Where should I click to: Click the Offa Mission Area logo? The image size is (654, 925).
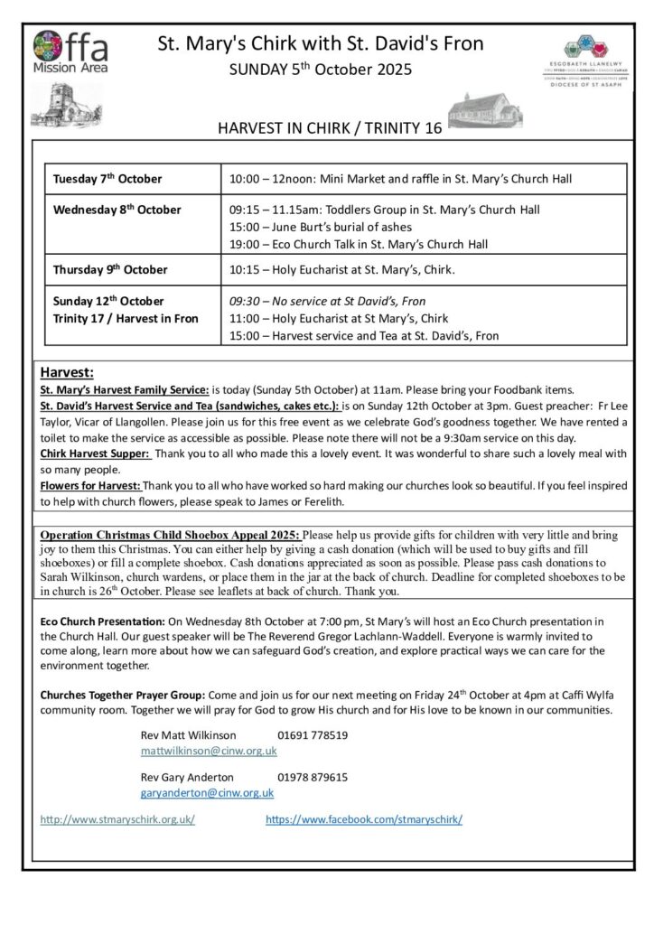click(x=70, y=52)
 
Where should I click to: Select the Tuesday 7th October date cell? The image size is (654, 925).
click(x=107, y=179)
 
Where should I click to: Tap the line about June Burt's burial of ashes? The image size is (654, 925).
click(x=321, y=227)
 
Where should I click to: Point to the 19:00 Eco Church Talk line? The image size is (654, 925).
click(x=359, y=244)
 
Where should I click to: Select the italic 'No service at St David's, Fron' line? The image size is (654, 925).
click(x=327, y=301)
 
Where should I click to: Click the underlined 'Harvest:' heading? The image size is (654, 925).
click(x=67, y=372)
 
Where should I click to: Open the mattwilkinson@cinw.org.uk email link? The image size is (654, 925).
click(x=209, y=751)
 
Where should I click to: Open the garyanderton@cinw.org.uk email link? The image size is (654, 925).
click(x=207, y=792)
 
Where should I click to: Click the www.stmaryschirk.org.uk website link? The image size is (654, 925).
click(x=117, y=819)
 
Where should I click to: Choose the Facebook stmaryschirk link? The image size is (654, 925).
click(x=364, y=819)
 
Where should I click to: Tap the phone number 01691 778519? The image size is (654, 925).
click(x=313, y=735)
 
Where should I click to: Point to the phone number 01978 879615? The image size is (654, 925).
click(x=313, y=777)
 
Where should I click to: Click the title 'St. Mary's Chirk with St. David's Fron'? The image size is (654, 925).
click(x=321, y=43)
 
